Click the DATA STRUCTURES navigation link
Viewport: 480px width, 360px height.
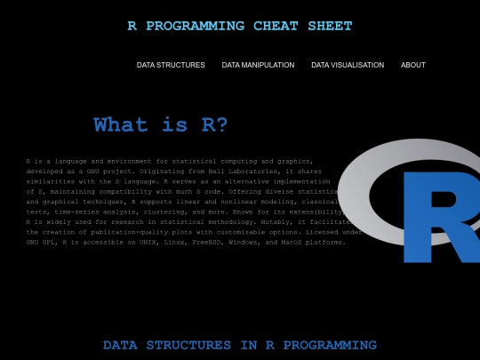171,65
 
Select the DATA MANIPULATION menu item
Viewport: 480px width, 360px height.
258,65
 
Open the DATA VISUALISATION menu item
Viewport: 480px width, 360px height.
348,65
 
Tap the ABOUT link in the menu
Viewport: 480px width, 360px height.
413,65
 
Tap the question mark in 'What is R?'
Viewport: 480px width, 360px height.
221,125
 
